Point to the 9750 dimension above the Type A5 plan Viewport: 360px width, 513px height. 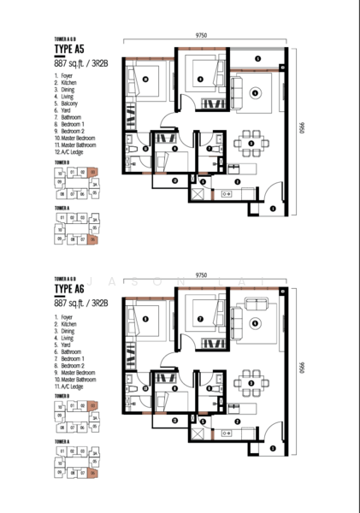(x=202, y=36)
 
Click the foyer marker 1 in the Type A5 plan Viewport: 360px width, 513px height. (x=272, y=208)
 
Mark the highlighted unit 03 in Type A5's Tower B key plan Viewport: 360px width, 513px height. (x=93, y=171)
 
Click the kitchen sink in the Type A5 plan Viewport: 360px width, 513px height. (x=227, y=196)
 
